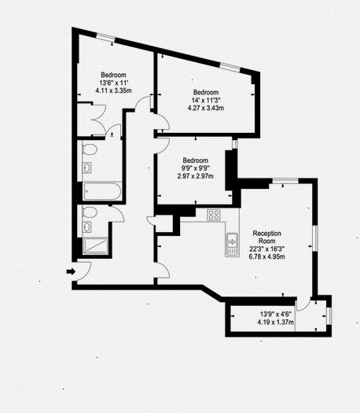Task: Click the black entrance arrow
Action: pyautogui.click(x=70, y=271)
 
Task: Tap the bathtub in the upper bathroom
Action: pyautogui.click(x=101, y=190)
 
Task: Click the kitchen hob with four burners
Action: pyautogui.click(x=214, y=215)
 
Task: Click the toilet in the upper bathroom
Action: pyautogui.click(x=90, y=149)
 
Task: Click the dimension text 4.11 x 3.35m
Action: pyautogui.click(x=113, y=91)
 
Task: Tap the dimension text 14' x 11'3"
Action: pyautogui.click(x=205, y=100)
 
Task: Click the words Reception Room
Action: pyautogui.click(x=267, y=238)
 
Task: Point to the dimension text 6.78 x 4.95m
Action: pyautogui.click(x=267, y=257)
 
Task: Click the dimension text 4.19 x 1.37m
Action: pyautogui.click(x=277, y=322)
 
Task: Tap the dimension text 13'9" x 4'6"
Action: pyautogui.click(x=276, y=313)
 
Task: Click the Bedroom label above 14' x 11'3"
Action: pyautogui.click(x=205, y=91)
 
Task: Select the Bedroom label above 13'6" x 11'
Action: pyautogui.click(x=113, y=74)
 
